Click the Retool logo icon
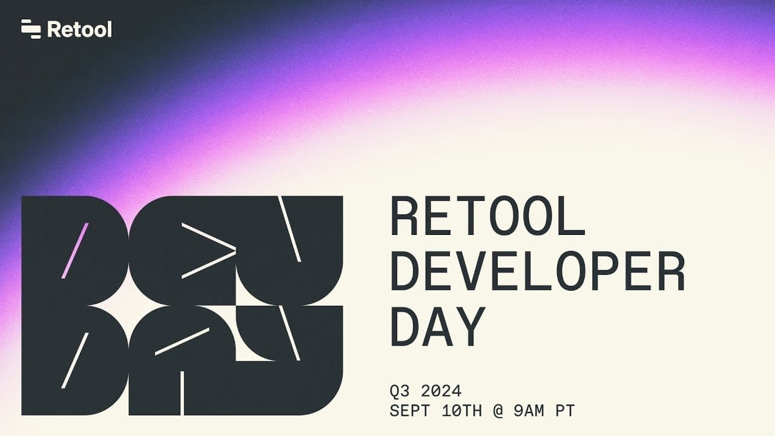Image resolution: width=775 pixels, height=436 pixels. click(31, 29)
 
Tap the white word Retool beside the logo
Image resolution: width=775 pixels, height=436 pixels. click(79, 29)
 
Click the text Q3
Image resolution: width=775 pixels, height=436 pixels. click(400, 391)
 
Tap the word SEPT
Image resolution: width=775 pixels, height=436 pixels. click(410, 411)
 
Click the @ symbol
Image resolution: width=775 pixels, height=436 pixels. click(498, 411)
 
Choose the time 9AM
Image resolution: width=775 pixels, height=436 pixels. click(529, 411)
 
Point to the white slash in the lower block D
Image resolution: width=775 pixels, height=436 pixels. click(75, 360)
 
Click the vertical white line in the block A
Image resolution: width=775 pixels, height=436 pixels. click(182, 393)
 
